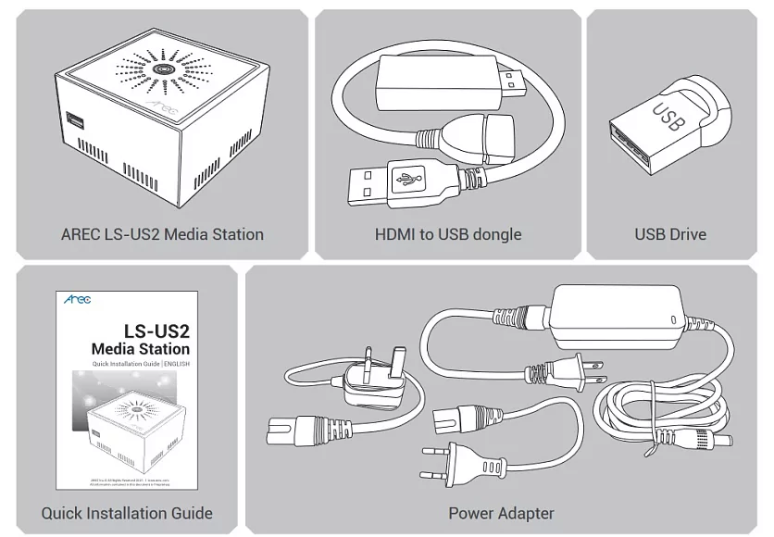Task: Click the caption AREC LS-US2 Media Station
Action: tap(162, 234)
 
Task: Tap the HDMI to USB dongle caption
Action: tap(448, 234)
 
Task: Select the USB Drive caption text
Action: tap(670, 234)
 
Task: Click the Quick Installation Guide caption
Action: tap(127, 512)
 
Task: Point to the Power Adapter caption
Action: tap(501, 512)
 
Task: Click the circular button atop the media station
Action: tap(164, 69)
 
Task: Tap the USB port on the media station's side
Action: tap(74, 121)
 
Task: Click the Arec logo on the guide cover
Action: tap(78, 300)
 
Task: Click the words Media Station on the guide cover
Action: tap(140, 349)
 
